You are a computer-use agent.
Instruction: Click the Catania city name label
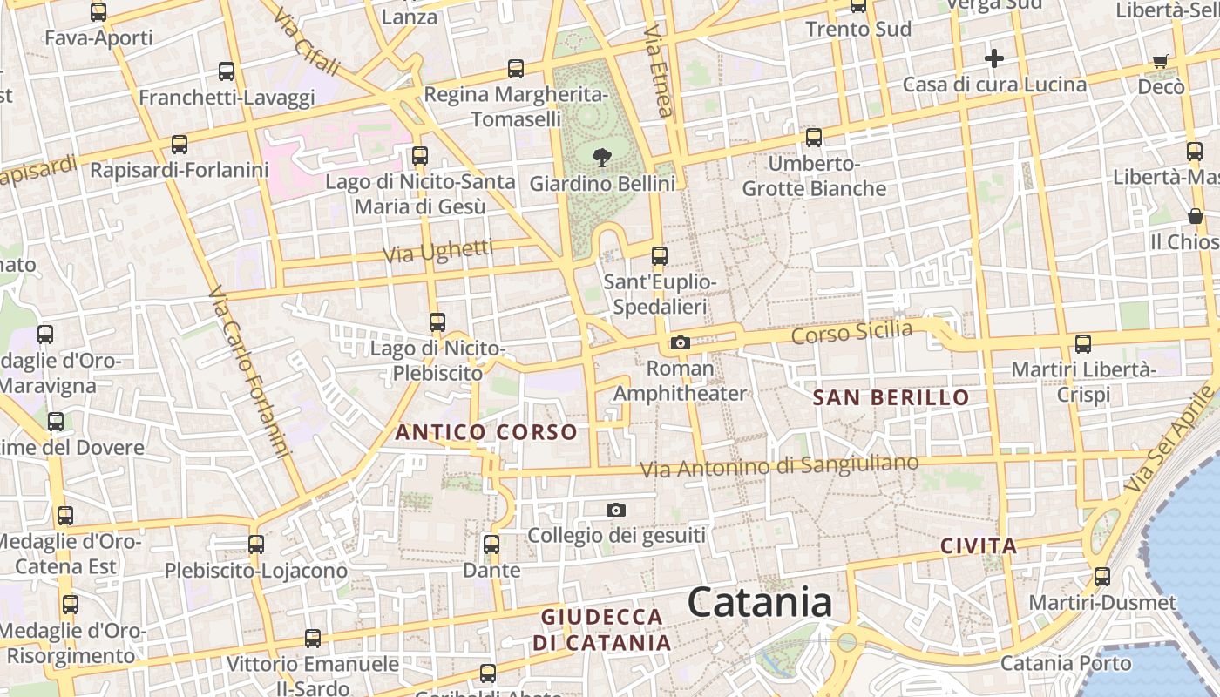(759, 603)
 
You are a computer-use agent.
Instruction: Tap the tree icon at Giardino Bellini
(601, 158)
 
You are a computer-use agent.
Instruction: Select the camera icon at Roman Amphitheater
(681, 343)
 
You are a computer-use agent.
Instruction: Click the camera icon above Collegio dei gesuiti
(616, 510)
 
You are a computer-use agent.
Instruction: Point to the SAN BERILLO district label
(891, 398)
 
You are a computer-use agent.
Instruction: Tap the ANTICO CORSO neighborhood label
(486, 432)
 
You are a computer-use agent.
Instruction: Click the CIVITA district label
(979, 546)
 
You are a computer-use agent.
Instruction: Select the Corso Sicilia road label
(852, 333)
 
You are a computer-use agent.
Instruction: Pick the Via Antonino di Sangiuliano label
(779, 466)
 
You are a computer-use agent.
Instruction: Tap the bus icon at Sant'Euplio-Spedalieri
(660, 256)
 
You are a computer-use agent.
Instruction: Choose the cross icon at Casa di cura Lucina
(994, 58)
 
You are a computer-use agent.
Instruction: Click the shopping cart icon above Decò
(1161, 61)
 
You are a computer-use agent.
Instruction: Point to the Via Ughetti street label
(438, 252)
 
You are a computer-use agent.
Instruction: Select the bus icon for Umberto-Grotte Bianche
(814, 138)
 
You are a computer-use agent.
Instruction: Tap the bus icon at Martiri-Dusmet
(1102, 577)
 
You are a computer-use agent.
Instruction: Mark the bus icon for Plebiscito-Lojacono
(256, 545)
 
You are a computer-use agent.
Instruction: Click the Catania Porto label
(1066, 663)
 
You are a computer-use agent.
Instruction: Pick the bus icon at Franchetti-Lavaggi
(227, 71)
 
